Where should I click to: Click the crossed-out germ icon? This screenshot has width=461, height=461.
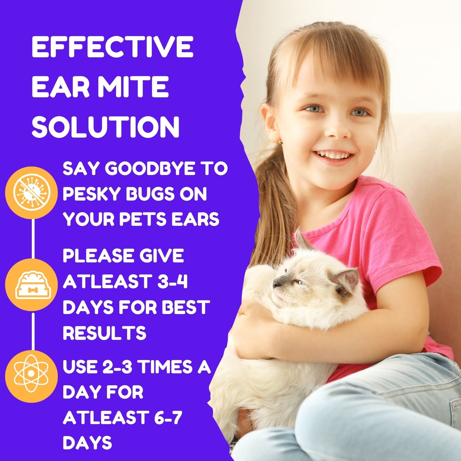click(32, 192)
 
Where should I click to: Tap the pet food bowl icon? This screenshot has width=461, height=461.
click(32, 285)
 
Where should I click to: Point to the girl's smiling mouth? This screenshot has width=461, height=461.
click(335, 155)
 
